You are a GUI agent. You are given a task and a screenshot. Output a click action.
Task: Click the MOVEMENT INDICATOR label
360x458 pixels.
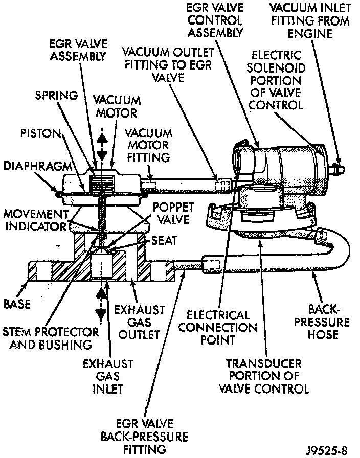click(x=35, y=219)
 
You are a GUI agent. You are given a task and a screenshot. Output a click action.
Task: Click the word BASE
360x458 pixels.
click(x=16, y=304)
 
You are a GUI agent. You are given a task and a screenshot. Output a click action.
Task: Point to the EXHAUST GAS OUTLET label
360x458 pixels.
click(x=140, y=322)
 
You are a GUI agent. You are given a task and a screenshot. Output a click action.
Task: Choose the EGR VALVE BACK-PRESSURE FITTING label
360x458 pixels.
click(x=144, y=437)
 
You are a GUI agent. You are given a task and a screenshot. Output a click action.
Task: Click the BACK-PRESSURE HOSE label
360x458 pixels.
click(x=323, y=322)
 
